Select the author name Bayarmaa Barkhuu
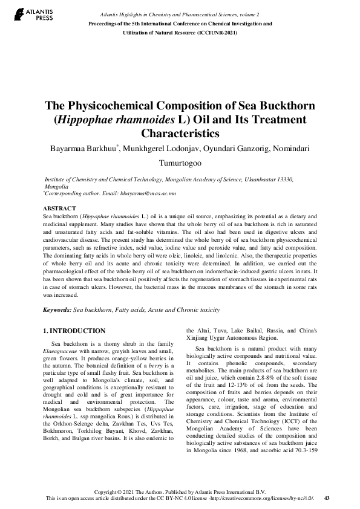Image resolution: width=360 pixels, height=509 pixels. tap(81, 148)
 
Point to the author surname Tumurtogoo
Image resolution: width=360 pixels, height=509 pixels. tap(180, 163)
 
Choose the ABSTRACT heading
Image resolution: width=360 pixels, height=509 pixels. tap(59, 208)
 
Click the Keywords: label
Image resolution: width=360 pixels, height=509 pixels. tap(57, 310)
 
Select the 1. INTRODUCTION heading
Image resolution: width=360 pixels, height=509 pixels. tap(75, 331)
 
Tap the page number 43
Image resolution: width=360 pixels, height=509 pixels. tap(327, 498)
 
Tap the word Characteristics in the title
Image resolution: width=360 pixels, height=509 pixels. tap(179, 133)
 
